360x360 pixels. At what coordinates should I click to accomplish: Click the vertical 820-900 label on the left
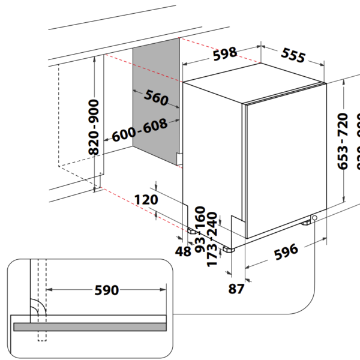95,127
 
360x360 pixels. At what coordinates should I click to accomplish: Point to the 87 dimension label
236,289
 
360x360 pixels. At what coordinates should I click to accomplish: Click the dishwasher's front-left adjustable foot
229,247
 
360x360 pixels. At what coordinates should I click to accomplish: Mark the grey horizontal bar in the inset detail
90,326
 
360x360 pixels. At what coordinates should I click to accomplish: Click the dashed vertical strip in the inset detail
41,300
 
